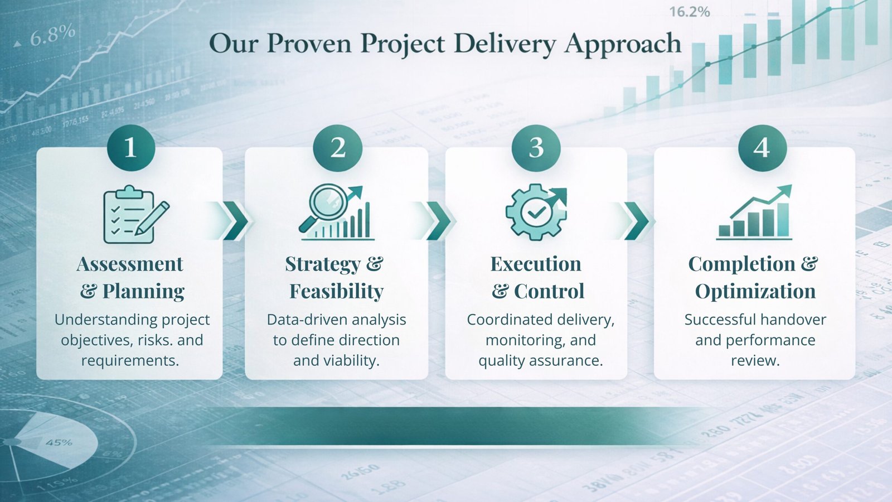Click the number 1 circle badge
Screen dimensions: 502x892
pyautogui.click(x=130, y=147)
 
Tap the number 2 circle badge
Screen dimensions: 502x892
pyautogui.click(x=338, y=147)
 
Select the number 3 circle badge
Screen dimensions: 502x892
pyautogui.click(x=536, y=147)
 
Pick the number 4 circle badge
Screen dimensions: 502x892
pyautogui.click(x=762, y=147)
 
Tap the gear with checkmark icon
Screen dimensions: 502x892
pyautogui.click(x=536, y=212)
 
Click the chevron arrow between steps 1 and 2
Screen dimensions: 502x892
pyautogui.click(x=234, y=221)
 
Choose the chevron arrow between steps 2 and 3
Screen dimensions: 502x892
pyautogui.click(x=438, y=221)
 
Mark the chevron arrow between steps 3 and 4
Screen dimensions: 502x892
pyautogui.click(x=637, y=221)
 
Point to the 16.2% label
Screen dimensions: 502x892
pyautogui.click(x=689, y=12)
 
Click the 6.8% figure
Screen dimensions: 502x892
pyautogui.click(x=52, y=35)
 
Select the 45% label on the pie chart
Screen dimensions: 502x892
pyautogui.click(x=59, y=443)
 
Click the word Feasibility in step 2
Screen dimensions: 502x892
pyautogui.click(x=336, y=291)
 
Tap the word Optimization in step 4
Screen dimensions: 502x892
pyautogui.click(x=755, y=291)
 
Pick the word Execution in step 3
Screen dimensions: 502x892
pyautogui.click(x=536, y=264)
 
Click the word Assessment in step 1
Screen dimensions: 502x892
pyautogui.click(x=130, y=264)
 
